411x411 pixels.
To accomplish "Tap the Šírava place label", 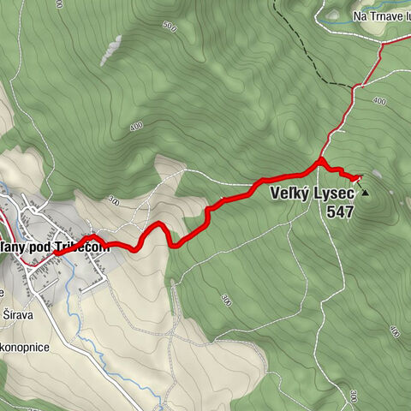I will pos(23,313).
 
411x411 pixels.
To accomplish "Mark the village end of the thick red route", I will pos(57,252).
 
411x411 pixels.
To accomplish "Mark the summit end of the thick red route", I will pos(359,176).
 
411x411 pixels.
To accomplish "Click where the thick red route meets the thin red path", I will pos(320,160).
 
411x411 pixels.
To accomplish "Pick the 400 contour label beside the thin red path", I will pos(379,101).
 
